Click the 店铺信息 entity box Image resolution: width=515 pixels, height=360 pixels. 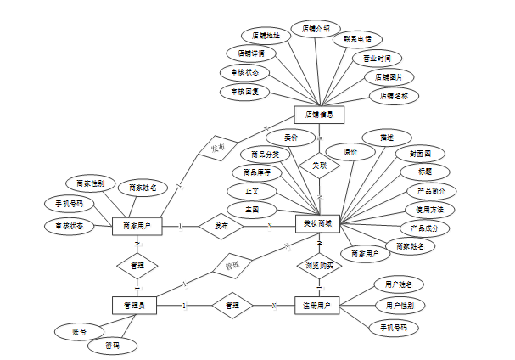(319, 113)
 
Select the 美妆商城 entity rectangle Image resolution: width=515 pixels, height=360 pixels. (319, 225)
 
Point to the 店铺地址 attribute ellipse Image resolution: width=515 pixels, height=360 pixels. (266, 36)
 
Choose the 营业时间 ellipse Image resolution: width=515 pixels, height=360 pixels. (377, 59)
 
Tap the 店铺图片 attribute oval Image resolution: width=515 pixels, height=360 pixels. (389, 77)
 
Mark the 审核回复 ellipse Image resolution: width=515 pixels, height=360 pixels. (239, 90)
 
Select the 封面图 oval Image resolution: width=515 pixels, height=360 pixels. (420, 155)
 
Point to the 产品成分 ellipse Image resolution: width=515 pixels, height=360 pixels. (424, 228)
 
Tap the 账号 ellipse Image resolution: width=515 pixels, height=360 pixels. (78, 330)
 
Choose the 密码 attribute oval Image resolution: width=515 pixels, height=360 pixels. (112, 346)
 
